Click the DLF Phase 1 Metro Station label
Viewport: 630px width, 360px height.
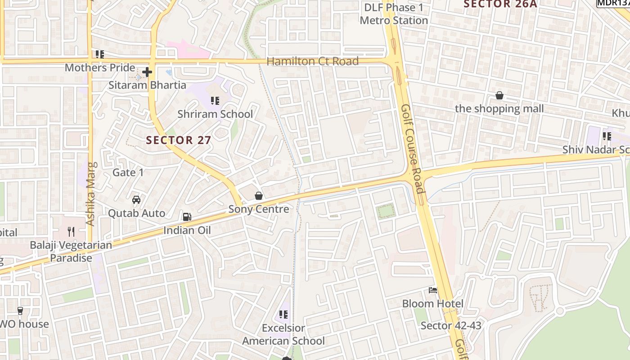click(x=394, y=14)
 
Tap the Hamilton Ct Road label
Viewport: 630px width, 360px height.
click(x=313, y=61)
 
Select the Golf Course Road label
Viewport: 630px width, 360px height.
click(x=413, y=148)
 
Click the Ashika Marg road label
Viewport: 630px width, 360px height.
click(x=90, y=193)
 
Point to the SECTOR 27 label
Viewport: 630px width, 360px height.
click(x=179, y=140)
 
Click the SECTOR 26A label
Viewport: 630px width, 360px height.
click(x=500, y=4)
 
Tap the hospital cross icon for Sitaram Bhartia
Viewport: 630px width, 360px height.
click(x=147, y=72)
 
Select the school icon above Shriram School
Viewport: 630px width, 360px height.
click(x=215, y=101)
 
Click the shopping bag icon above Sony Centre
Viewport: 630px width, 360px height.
click(x=259, y=196)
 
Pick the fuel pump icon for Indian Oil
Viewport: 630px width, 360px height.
click(x=187, y=217)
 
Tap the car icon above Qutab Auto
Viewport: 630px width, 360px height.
click(x=136, y=199)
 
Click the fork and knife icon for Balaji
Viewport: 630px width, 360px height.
click(x=71, y=232)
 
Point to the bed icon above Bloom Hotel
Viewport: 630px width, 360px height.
click(x=433, y=290)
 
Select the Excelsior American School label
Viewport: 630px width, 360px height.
click(x=283, y=334)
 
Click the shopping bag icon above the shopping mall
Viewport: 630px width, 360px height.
click(x=499, y=95)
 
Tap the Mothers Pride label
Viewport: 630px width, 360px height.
click(x=100, y=67)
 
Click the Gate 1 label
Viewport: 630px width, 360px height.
click(x=128, y=172)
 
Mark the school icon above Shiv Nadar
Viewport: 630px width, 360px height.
click(x=607, y=136)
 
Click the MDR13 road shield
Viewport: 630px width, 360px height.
click(x=612, y=3)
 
